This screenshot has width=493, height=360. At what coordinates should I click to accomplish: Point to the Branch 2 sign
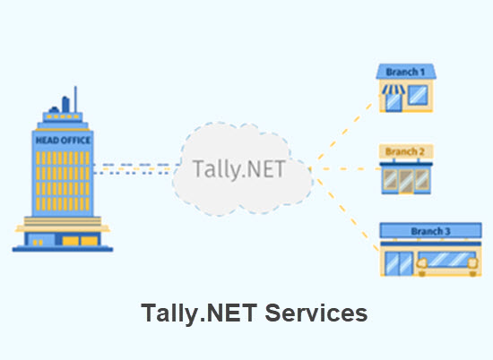(x=405, y=151)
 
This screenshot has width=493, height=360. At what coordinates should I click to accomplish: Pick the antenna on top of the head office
(x=75, y=97)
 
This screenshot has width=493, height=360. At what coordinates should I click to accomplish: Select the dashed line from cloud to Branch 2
(x=345, y=167)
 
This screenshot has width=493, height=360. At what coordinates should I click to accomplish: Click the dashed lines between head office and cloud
(x=134, y=167)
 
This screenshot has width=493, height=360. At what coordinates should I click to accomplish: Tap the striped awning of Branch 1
(x=394, y=89)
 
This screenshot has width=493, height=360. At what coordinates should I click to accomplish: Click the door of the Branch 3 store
(x=400, y=261)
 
